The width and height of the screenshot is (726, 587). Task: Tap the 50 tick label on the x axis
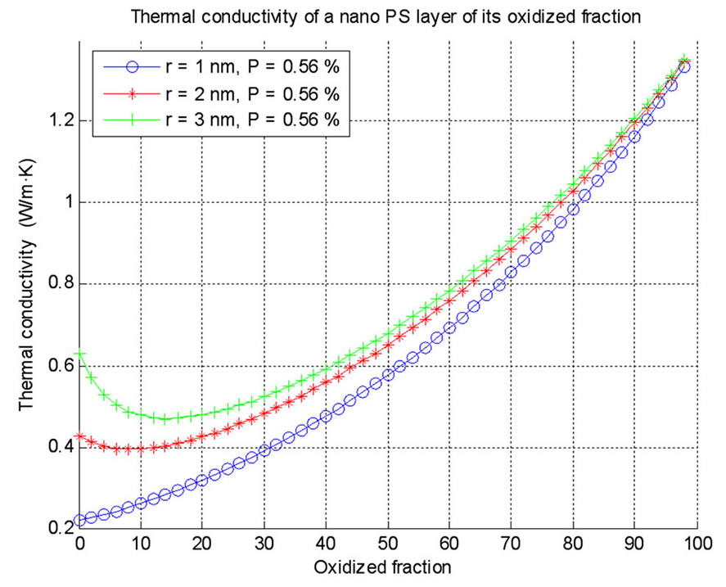click(x=388, y=544)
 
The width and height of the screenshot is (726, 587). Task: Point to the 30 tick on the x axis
click(x=264, y=544)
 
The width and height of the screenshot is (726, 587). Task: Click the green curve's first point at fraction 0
click(x=80, y=354)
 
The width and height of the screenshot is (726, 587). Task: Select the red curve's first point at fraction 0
click(x=80, y=437)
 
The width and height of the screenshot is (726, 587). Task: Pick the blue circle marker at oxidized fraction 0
click(x=80, y=521)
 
